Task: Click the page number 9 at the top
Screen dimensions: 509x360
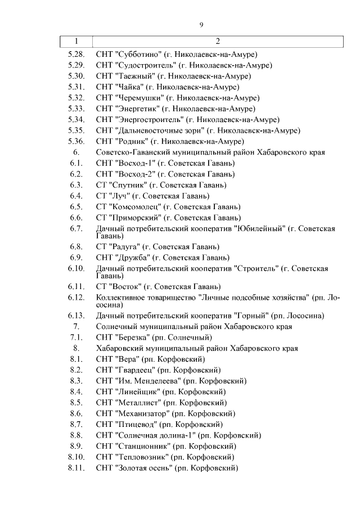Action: pos(201,24)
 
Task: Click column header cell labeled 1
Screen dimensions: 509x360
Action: pos(76,41)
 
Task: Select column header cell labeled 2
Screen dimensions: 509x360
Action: pos(217,41)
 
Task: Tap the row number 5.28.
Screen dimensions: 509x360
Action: pos(75,55)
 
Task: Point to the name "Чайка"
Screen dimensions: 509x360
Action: pos(129,87)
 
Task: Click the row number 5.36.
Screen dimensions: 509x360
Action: pos(75,141)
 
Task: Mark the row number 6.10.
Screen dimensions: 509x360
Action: pos(75,268)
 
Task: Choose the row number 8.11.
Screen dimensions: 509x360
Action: pos(75,467)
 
